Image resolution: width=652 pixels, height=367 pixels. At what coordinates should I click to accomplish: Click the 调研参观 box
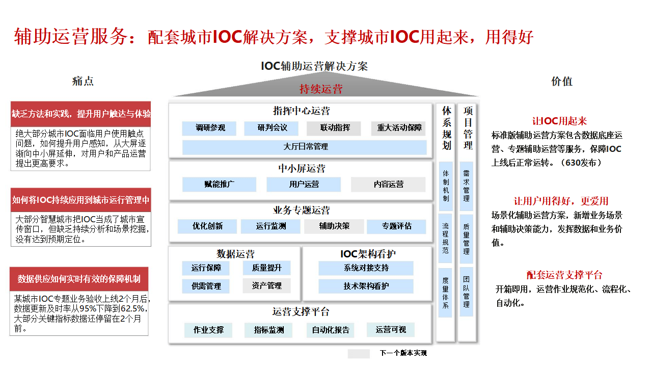click(x=209, y=128)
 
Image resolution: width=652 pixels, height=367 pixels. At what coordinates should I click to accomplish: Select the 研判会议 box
click(x=273, y=128)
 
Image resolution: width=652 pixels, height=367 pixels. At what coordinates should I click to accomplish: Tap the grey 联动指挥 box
click(x=335, y=128)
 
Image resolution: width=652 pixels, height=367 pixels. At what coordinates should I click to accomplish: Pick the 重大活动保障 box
click(x=399, y=128)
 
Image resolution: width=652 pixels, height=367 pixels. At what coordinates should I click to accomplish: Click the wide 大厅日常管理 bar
click(x=305, y=147)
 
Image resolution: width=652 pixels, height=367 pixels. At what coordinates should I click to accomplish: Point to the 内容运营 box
click(x=388, y=184)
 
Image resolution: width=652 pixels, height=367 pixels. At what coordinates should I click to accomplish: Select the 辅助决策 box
click(x=334, y=226)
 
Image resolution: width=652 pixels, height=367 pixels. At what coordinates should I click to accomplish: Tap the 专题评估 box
click(x=396, y=226)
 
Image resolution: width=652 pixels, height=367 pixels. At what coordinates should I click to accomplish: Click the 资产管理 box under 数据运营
click(x=266, y=286)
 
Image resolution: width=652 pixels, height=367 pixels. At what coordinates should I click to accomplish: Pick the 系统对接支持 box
click(x=366, y=268)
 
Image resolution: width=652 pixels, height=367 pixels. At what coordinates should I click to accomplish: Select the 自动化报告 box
click(x=331, y=330)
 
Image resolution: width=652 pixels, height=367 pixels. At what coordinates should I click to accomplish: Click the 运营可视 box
click(x=391, y=330)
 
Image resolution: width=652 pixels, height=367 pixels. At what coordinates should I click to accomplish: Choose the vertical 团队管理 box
click(x=467, y=292)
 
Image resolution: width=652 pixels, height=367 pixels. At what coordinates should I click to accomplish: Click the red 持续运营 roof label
click(x=321, y=89)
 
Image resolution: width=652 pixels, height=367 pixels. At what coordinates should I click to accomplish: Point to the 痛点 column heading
click(x=83, y=81)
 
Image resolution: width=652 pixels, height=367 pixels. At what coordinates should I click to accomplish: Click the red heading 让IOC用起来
click(x=559, y=121)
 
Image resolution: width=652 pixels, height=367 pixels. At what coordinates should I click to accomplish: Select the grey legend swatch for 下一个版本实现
click(x=359, y=353)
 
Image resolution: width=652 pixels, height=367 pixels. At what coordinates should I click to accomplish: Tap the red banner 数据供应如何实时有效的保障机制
click(x=79, y=279)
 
